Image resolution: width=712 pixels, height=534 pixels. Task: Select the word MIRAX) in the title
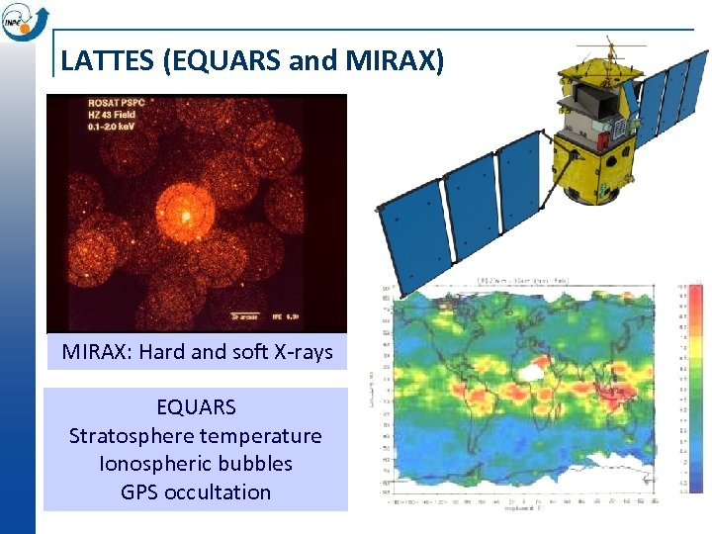(x=396, y=60)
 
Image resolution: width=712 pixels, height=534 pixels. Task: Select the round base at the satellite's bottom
(x=585, y=188)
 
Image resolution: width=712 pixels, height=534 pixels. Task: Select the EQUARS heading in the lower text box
(x=196, y=406)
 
